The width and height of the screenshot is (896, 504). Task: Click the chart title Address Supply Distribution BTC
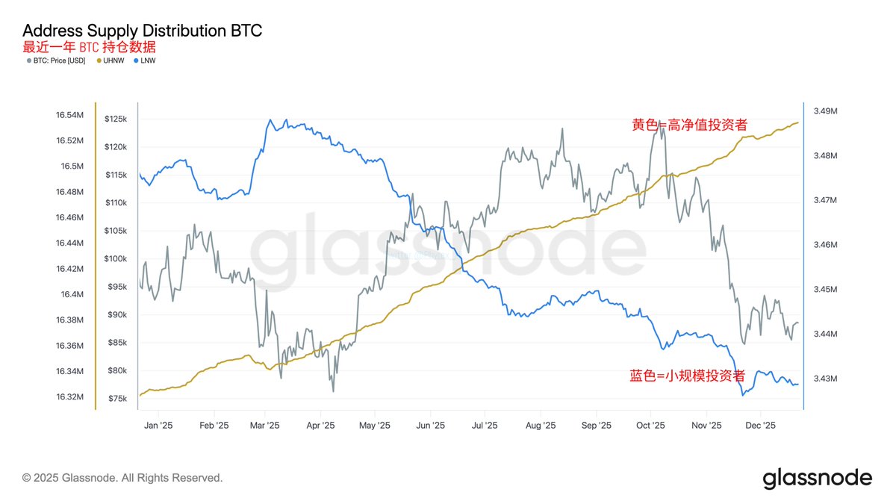142,31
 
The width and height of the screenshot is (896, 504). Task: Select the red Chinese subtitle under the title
89,47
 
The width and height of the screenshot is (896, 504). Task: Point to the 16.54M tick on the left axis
69,115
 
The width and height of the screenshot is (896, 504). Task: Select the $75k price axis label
117,399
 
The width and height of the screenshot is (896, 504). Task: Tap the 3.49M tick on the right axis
825,111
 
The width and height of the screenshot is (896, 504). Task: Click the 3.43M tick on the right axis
825,379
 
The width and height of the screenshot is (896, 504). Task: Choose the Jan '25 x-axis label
158,426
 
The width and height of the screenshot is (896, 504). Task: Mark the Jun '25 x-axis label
430,426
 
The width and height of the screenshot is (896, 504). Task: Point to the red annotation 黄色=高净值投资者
689,125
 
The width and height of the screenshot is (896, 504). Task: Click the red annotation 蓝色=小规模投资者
689,376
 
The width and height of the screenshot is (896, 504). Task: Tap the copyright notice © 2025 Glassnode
122,478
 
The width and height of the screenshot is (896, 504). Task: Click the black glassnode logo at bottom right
817,478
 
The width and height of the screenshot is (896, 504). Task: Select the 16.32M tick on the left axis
69,396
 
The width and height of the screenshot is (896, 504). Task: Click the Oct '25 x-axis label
650,426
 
